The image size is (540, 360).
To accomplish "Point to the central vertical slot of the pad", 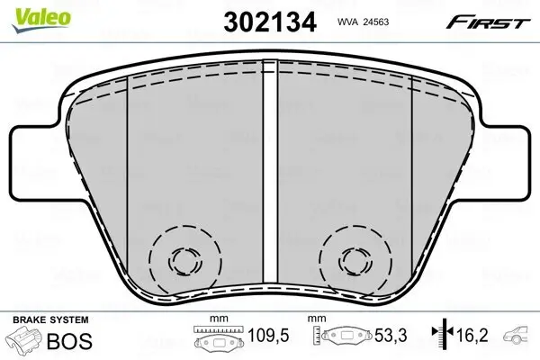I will [270, 180].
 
